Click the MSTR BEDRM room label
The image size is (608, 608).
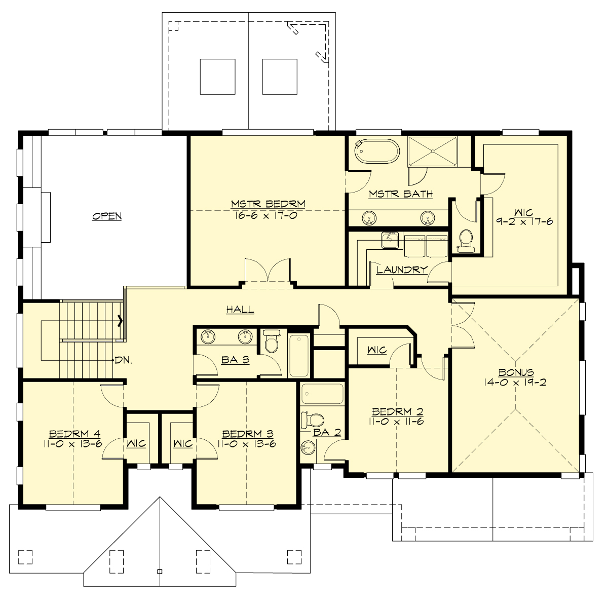tap(268, 204)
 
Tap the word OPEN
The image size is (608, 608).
tap(107, 216)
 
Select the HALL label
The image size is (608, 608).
tap(240, 310)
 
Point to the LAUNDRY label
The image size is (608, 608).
tap(402, 270)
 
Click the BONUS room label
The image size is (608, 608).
tap(515, 372)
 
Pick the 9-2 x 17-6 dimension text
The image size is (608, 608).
tap(525, 221)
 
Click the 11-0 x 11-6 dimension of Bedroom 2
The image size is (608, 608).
tap(397, 422)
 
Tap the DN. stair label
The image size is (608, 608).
tap(124, 361)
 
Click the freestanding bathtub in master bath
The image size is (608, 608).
tap(377, 151)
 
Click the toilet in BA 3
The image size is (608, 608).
tap(273, 341)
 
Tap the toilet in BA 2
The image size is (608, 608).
tap(313, 420)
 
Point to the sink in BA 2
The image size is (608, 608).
tap(308, 447)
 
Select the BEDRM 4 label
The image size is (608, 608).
tap(74, 434)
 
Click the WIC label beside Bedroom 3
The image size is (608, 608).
tap(182, 444)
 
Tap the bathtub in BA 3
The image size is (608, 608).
tap(298, 354)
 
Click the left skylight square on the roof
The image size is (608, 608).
tap(217, 77)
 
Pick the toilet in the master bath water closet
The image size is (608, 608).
tap(465, 240)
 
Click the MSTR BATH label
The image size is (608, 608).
tap(400, 194)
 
